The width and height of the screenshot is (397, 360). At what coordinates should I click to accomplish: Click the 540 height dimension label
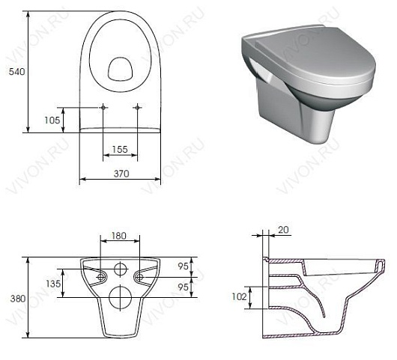17,72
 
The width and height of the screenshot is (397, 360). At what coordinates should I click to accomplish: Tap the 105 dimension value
52,120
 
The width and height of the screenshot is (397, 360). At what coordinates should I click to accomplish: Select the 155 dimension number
120,150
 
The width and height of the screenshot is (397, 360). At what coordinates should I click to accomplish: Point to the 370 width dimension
121,174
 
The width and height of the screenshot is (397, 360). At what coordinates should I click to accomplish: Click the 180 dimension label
119,236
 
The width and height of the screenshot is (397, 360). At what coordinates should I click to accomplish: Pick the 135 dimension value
53,284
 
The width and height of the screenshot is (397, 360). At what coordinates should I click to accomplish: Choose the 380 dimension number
18,299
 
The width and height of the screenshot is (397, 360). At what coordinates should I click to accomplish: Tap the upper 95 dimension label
183,266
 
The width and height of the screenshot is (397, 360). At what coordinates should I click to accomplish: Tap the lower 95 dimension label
183,287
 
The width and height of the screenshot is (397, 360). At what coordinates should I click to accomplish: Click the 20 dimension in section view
283,230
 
